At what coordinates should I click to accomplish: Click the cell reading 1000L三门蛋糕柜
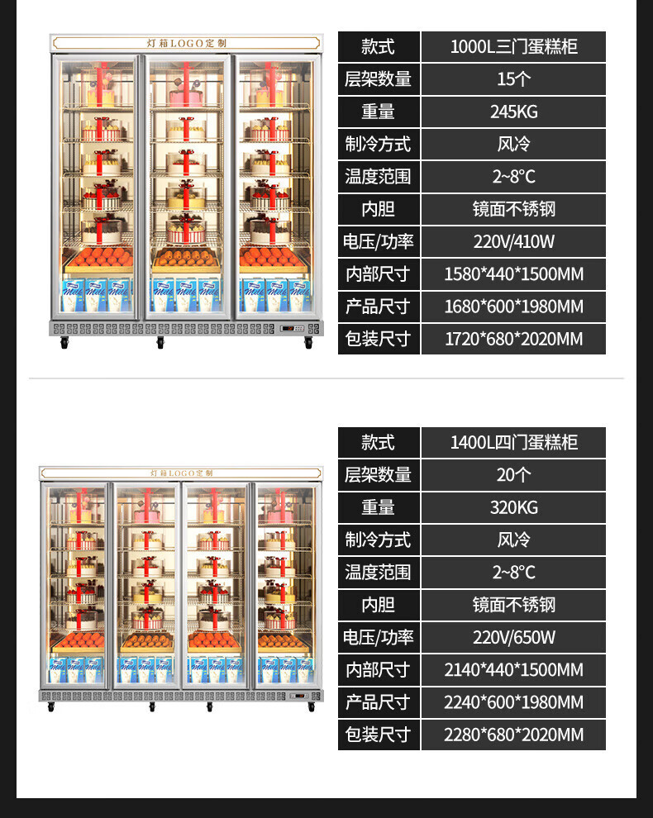point(513,46)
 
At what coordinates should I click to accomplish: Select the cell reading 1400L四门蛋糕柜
point(513,442)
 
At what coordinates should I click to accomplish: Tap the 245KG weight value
point(513,112)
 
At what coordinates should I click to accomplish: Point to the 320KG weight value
point(513,507)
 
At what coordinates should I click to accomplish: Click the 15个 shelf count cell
point(513,79)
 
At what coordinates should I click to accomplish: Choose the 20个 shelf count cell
point(513,475)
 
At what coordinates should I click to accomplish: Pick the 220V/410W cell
point(513,241)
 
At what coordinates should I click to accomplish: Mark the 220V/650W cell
point(513,637)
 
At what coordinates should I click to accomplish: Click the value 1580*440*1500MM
point(513,273)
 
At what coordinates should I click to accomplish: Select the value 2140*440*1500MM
point(513,669)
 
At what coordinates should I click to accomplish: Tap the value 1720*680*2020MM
point(513,339)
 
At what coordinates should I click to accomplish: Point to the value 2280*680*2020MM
point(513,735)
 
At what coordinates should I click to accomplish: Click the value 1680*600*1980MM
point(513,307)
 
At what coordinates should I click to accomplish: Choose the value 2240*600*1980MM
point(513,702)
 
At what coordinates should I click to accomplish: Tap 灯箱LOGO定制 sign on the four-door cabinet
point(182,473)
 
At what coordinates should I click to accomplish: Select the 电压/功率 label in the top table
point(378,241)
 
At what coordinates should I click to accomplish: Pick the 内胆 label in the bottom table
point(378,605)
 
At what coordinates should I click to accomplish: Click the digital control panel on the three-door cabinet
point(290,329)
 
